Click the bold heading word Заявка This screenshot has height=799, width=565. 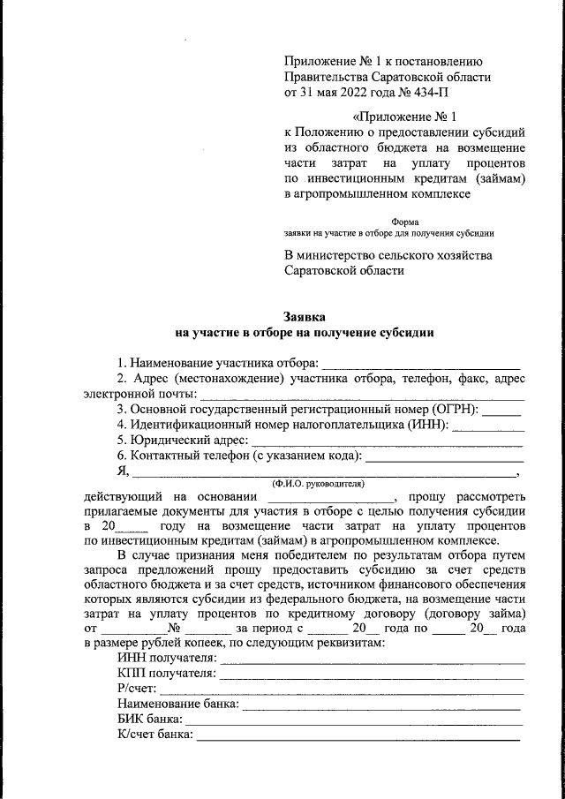(x=305, y=316)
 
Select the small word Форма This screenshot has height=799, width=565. (x=405, y=222)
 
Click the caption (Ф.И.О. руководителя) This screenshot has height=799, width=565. (x=319, y=485)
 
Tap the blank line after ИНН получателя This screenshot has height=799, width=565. (x=372, y=660)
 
